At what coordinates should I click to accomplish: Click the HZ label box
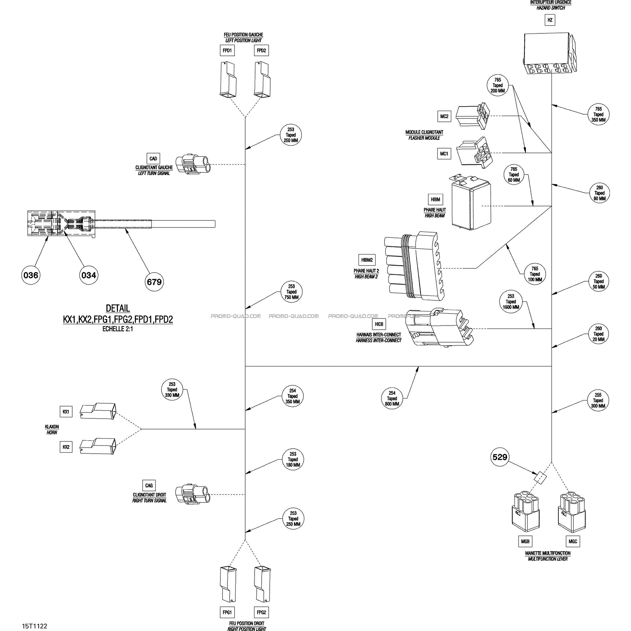[x=550, y=20]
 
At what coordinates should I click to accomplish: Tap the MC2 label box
[x=444, y=116]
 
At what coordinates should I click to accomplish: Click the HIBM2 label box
[x=367, y=260]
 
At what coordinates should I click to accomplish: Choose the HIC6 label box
[x=379, y=324]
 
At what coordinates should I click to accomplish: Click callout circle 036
[x=31, y=275]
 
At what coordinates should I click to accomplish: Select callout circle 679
[x=154, y=281]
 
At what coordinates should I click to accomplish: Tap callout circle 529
[x=500, y=457]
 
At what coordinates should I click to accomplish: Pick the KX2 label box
[x=66, y=447]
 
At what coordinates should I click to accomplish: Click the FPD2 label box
[x=261, y=51]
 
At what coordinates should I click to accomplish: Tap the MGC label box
[x=573, y=541]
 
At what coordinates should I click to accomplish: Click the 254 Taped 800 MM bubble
[x=392, y=398]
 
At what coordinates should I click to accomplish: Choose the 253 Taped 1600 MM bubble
[x=511, y=302]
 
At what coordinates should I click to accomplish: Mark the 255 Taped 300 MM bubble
[x=598, y=400]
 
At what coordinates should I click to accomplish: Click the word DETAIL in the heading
[x=118, y=308]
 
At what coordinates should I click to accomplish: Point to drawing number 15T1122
[x=35, y=626]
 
